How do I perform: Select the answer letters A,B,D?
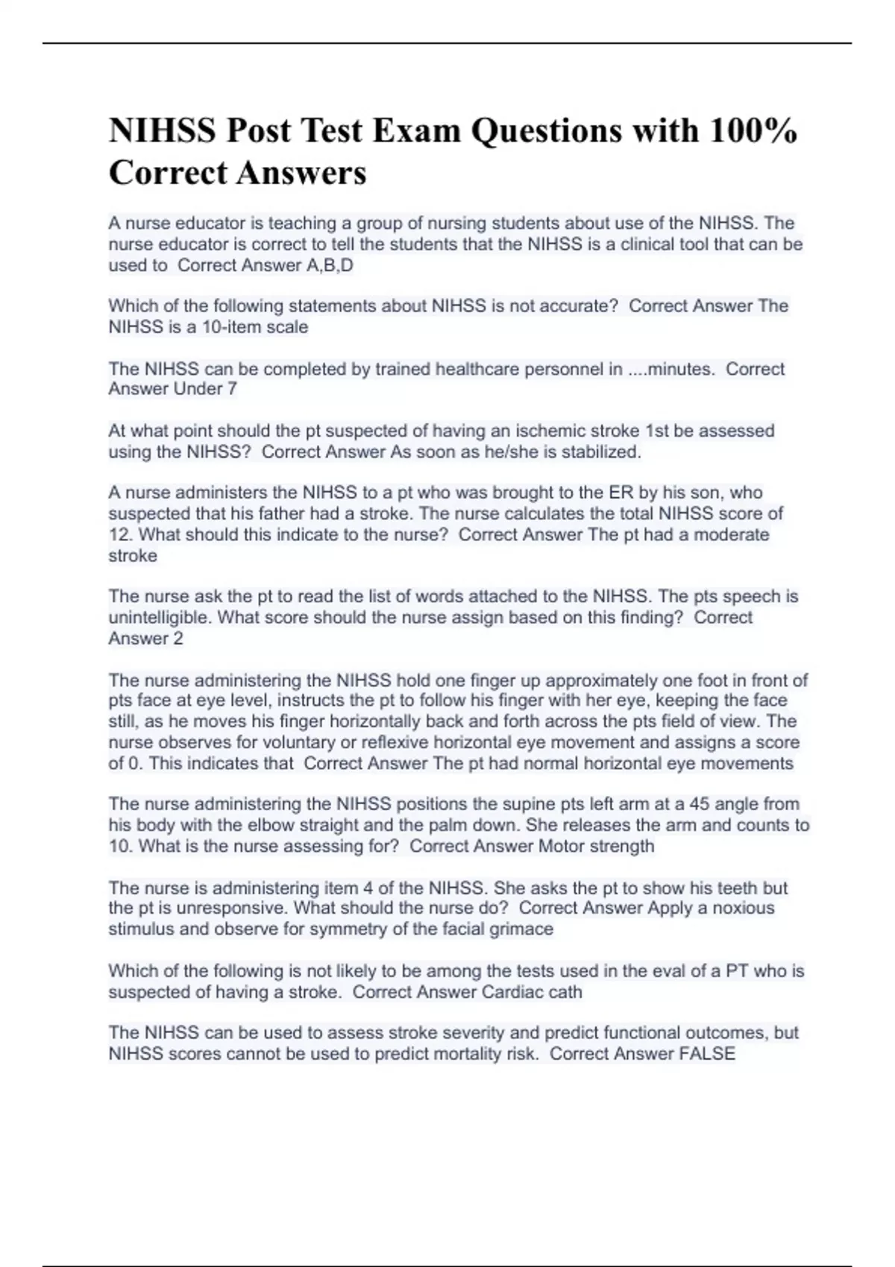pos(330,265)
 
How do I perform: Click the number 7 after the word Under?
pos(232,389)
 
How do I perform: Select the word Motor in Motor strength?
pos(561,846)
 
